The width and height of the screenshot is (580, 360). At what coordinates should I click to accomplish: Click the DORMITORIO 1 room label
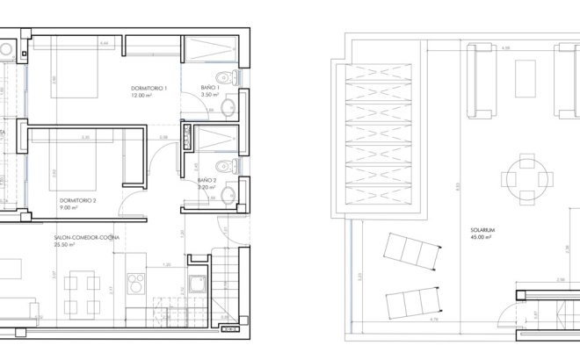tap(148, 88)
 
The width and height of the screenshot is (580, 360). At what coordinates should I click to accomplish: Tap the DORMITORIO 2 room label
tap(77, 200)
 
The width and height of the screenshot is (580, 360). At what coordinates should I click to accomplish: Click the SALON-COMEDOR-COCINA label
tap(86, 238)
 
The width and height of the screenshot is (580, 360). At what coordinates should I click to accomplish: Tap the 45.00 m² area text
tap(479, 237)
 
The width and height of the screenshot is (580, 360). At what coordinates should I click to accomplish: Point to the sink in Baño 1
tap(228, 107)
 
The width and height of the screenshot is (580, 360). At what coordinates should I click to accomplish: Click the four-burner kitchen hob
tap(138, 284)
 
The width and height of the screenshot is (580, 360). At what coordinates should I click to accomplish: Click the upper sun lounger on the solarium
tap(410, 253)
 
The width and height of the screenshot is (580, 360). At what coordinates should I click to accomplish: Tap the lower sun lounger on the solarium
tap(412, 300)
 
